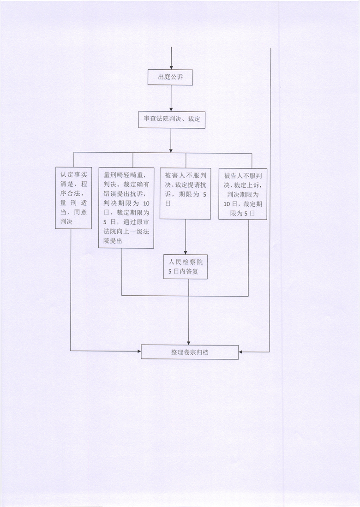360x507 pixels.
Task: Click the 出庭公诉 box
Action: [x=170, y=78]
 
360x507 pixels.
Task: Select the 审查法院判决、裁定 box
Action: [x=172, y=119]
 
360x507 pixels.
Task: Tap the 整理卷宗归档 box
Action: [x=190, y=352]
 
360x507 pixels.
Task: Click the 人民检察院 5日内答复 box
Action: [x=186, y=267]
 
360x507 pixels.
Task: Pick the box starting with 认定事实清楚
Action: [x=73, y=198]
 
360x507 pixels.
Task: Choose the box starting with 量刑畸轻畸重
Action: [x=126, y=208]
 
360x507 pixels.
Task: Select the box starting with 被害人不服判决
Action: [x=186, y=193]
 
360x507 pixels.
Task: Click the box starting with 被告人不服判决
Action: [x=243, y=194]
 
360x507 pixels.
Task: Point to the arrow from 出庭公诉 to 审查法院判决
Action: [x=171, y=98]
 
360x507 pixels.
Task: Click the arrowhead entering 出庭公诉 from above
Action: [x=171, y=67]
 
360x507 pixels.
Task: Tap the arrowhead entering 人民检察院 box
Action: [x=186, y=252]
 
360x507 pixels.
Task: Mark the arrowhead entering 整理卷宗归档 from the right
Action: [x=240, y=352]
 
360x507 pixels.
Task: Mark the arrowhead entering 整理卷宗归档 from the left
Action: [x=139, y=351]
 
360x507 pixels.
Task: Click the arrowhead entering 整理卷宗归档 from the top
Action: [x=189, y=343]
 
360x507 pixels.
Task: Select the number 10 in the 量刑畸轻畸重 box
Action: [x=146, y=203]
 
